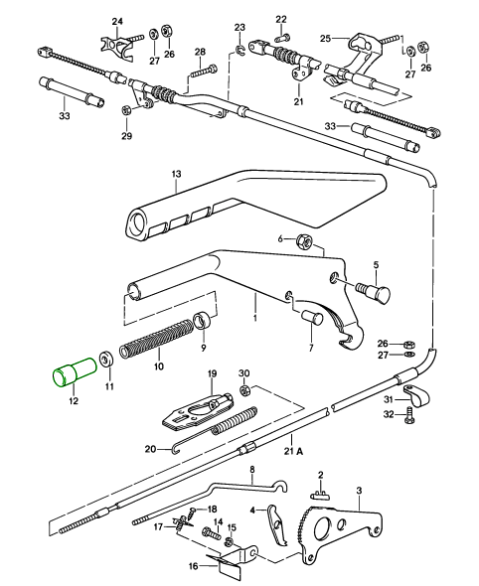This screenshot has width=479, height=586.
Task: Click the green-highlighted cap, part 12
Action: click(x=75, y=371)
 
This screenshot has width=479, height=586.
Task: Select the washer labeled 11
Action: click(x=107, y=360)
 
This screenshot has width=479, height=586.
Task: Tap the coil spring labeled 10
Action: click(x=156, y=338)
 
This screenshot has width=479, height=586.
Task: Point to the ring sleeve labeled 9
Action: click(x=202, y=319)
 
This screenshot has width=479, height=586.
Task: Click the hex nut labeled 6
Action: click(x=304, y=242)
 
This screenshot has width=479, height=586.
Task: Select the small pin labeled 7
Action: click(x=312, y=317)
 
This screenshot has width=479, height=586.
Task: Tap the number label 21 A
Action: click(x=293, y=452)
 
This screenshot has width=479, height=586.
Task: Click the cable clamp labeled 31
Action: click(x=416, y=395)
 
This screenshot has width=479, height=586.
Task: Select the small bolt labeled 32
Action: click(x=409, y=416)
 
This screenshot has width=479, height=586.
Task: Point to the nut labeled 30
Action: click(x=244, y=391)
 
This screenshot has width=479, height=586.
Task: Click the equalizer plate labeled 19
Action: click(x=197, y=411)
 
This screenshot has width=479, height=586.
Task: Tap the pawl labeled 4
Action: click(x=276, y=523)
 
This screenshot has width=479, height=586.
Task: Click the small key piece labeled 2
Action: click(x=320, y=495)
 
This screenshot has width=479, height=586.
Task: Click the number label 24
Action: click(x=117, y=21)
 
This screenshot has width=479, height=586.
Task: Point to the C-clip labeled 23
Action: click(x=240, y=50)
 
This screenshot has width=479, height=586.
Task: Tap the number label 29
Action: click(x=127, y=135)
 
